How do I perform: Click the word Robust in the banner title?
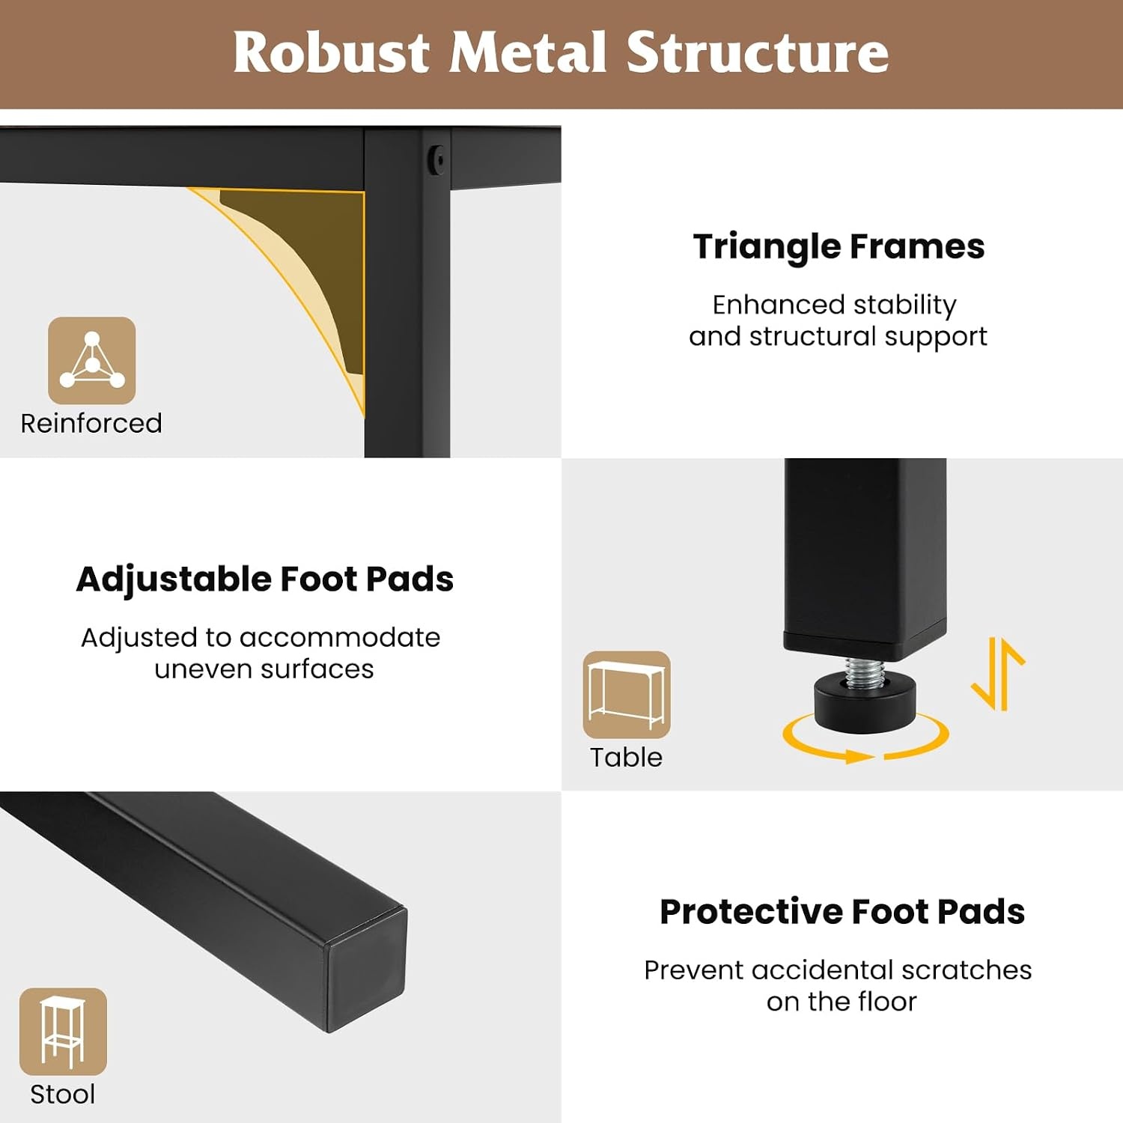pyautogui.click(x=331, y=52)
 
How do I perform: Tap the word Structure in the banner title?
pyautogui.click(x=757, y=52)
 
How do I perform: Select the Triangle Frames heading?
pyautogui.click(x=839, y=246)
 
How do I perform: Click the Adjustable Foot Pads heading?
pyautogui.click(x=265, y=579)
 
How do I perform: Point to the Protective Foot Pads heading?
pyautogui.click(x=842, y=911)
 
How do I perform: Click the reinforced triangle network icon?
pyautogui.click(x=92, y=360)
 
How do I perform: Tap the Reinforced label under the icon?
pyautogui.click(x=91, y=423)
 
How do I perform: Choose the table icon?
pyautogui.click(x=627, y=695)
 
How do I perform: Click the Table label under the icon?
pyautogui.click(x=626, y=757)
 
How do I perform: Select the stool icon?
pyautogui.click(x=63, y=1032)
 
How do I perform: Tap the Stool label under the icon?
pyautogui.click(x=63, y=1094)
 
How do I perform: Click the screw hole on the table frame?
pyautogui.click(x=437, y=159)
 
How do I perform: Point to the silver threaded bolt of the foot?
pyautogui.click(x=865, y=672)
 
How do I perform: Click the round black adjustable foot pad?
pyautogui.click(x=865, y=704)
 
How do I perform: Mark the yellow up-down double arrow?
pyautogui.click(x=998, y=673)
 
